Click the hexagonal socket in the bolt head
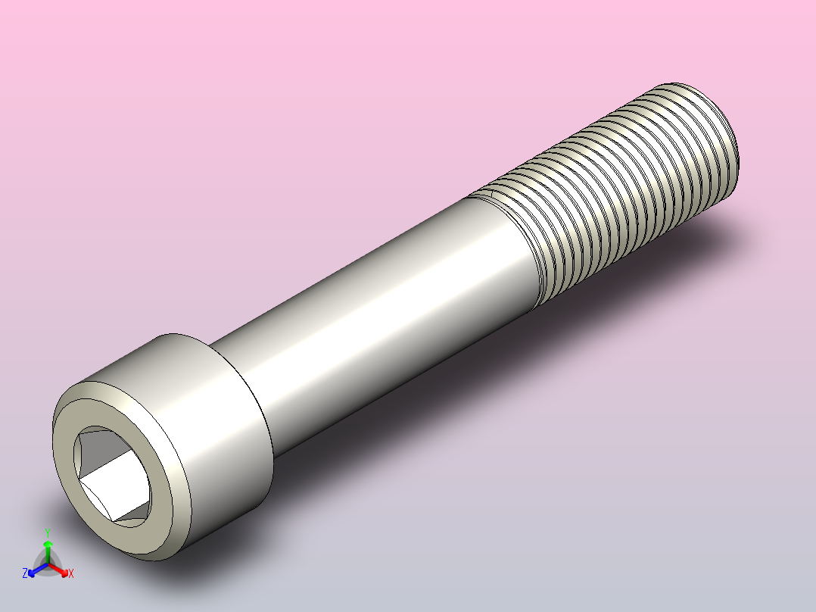(x=111, y=475)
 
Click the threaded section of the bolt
(x=621, y=189)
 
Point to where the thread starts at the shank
(x=515, y=242)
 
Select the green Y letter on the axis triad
(x=48, y=532)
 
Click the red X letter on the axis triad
(x=71, y=574)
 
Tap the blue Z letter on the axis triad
(x=25, y=574)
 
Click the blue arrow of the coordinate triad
(x=34, y=570)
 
